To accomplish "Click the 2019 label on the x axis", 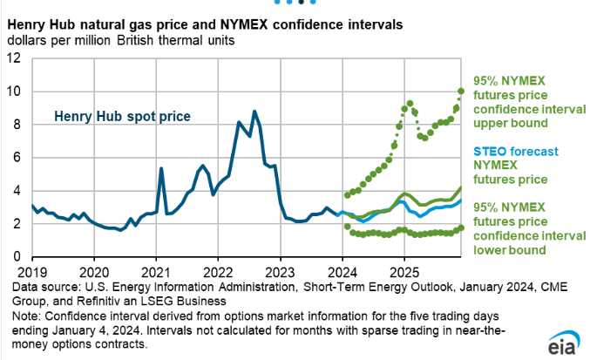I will [x=31, y=271].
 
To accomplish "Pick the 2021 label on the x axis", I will [x=156, y=271].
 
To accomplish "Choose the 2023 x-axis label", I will [x=280, y=271].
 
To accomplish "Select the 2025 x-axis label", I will [x=404, y=271].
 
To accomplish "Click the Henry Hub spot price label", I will [x=122, y=115].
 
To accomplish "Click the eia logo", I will [x=564, y=345].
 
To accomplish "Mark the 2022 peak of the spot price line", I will [x=254, y=112].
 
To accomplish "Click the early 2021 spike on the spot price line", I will [x=161, y=168].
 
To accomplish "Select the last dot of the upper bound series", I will [x=462, y=91].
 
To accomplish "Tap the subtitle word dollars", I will [x=26, y=40].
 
